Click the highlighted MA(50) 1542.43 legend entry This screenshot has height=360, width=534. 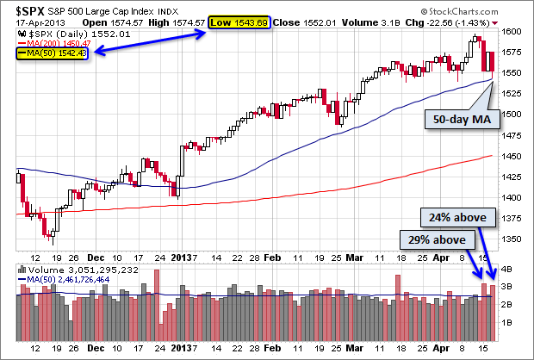[54, 53]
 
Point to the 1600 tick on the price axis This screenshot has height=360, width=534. [511, 31]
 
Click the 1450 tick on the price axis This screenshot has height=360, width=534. [511, 156]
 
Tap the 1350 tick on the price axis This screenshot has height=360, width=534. [511, 239]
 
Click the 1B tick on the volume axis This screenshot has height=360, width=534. [507, 321]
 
